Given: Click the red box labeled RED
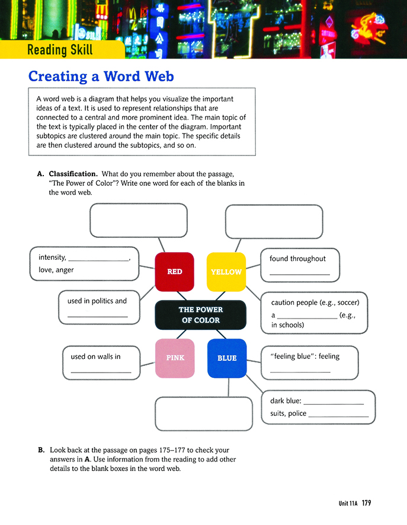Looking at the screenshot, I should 174,272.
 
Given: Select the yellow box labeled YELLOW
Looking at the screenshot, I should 226,272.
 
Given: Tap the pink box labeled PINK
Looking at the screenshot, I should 174,358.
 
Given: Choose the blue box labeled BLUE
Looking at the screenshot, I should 226,358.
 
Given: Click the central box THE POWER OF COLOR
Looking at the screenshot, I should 200,315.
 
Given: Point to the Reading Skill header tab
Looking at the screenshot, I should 60,50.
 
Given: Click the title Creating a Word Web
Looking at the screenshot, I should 101,77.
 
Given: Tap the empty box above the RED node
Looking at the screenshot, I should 139,220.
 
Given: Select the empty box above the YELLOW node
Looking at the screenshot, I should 274,221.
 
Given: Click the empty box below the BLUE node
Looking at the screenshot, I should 203,413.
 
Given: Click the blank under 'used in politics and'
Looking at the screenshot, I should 97,315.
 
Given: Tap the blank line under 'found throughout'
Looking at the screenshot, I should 299,273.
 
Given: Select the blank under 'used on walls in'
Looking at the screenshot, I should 100,371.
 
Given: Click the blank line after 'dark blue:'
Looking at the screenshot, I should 333,403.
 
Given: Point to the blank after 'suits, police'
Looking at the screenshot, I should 338,416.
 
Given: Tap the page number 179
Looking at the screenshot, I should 366,504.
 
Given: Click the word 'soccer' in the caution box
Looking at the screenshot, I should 344,303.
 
